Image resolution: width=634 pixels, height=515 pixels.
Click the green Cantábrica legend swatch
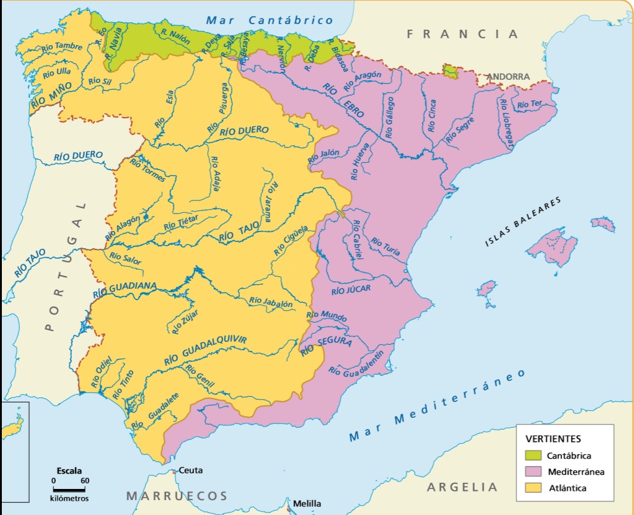532,456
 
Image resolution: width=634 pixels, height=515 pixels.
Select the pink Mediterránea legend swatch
532,472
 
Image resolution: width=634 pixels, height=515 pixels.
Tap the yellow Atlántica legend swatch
532,488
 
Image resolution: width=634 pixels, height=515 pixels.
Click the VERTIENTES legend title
553,439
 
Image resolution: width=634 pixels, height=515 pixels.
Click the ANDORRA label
508,77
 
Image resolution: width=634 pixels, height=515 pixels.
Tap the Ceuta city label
190,470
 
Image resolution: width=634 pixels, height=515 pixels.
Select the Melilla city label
307,503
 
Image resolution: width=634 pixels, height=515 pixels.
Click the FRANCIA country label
462,34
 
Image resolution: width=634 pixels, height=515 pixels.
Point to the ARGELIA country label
462,487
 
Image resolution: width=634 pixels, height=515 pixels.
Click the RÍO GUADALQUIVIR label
205,350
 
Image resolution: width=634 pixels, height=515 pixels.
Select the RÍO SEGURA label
326,344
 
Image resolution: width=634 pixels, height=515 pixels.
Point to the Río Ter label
529,104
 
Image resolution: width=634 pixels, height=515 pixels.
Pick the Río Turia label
385,246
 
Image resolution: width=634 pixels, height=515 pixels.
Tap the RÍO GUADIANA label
125,289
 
